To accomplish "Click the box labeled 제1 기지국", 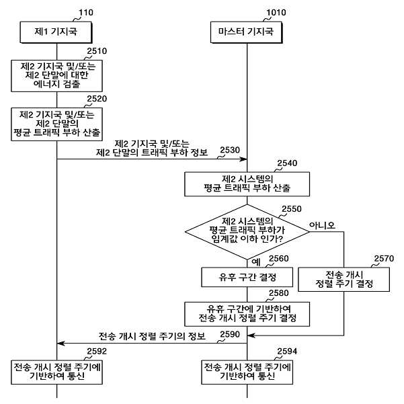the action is (x=56, y=32).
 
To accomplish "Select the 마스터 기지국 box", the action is (x=246, y=32).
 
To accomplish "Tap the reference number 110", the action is (x=86, y=12).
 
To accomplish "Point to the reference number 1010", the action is (x=276, y=12).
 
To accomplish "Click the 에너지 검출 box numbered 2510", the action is (x=56, y=76).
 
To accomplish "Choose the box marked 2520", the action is (x=56, y=124).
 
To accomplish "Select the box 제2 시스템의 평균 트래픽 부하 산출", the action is (x=247, y=184).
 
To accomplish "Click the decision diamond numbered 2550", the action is (x=247, y=232).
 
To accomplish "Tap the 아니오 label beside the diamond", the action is (x=322, y=225).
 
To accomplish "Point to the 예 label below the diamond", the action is (x=256, y=262).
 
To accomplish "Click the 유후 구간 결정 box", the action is (x=247, y=277).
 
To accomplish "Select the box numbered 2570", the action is (x=344, y=279).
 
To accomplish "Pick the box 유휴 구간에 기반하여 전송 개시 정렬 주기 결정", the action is (x=247, y=314).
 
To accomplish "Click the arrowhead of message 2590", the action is (x=61, y=344).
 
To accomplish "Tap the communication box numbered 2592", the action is (x=56, y=372).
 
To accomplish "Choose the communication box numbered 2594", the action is (x=247, y=372).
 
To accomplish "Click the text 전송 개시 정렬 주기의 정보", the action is (x=152, y=336).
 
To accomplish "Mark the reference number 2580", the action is (x=279, y=293).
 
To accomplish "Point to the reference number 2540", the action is (x=287, y=163).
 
